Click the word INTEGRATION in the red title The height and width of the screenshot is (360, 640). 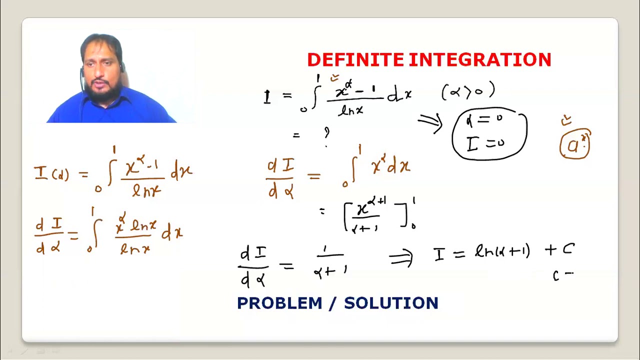[x=480, y=60]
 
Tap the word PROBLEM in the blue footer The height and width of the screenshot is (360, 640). [x=279, y=303]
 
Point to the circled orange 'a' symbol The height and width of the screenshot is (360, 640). [x=575, y=145]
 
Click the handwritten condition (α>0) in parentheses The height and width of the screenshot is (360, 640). [x=468, y=91]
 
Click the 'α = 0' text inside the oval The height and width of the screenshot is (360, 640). [x=483, y=120]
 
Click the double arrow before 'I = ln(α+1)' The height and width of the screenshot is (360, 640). [x=401, y=257]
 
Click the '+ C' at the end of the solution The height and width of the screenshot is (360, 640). [x=559, y=250]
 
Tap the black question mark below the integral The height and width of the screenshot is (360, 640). [x=326, y=132]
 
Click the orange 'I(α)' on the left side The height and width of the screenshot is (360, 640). [x=51, y=174]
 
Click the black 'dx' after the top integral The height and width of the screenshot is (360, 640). [x=400, y=95]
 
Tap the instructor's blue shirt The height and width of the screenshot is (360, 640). [x=110, y=111]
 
